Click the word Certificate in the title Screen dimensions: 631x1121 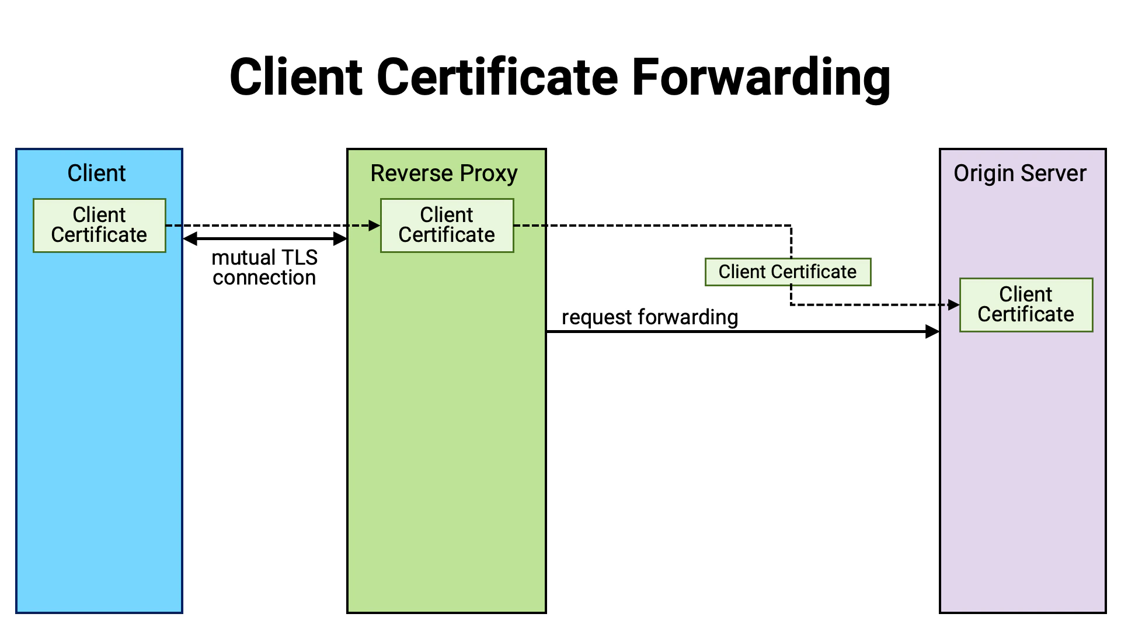tap(497, 78)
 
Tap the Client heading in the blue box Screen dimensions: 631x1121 tap(96, 174)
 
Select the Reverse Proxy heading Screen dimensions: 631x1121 tap(444, 174)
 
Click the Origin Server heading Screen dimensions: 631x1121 tap(1019, 174)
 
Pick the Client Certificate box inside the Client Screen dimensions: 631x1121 tap(99, 225)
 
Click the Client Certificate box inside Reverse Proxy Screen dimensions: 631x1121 tap(447, 225)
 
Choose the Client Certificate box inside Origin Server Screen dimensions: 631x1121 tap(1026, 304)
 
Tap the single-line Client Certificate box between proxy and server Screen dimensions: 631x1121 tap(788, 272)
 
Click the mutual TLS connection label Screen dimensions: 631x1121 tap(264, 268)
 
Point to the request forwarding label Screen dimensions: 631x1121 tap(650, 317)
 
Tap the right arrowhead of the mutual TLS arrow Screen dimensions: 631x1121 tap(340, 238)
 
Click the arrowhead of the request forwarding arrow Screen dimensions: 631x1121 tap(932, 332)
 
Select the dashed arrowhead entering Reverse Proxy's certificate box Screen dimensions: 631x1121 tap(374, 226)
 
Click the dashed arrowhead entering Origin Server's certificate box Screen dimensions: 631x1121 tap(953, 304)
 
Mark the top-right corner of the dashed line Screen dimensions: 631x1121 tap(791, 226)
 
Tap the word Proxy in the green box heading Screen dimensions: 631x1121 tap(489, 174)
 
